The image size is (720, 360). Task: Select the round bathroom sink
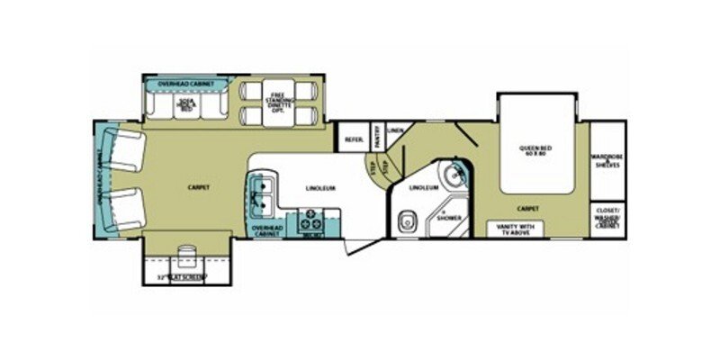457,171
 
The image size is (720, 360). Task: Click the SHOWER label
449,219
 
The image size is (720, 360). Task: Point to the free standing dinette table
276,103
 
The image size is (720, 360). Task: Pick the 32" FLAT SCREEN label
180,276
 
